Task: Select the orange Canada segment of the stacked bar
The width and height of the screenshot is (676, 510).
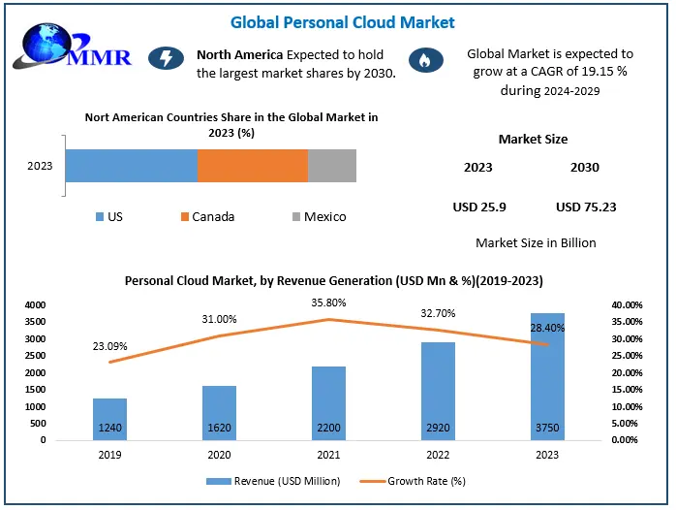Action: point(252,166)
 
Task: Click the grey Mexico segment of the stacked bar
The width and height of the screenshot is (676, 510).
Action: point(331,166)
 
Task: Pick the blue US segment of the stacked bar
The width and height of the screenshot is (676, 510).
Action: point(131,166)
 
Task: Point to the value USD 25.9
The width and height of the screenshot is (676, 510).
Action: point(479,207)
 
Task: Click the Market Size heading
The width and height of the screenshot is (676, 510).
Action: point(533,140)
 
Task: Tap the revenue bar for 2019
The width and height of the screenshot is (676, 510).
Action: point(109,418)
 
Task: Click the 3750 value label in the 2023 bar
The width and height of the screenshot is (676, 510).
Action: point(548,427)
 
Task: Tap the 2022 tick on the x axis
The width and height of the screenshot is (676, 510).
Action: point(440,452)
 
